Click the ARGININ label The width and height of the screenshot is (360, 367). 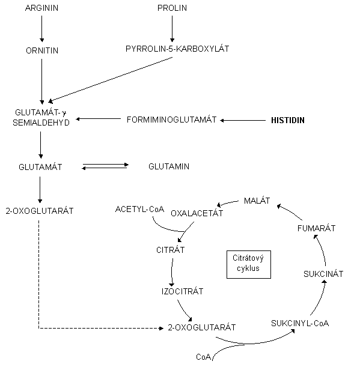(x=41, y=8)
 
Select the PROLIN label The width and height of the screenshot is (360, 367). (x=172, y=8)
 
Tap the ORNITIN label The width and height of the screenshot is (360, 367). (x=42, y=50)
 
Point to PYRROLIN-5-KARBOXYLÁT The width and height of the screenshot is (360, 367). (x=177, y=49)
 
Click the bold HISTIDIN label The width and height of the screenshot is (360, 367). (x=288, y=120)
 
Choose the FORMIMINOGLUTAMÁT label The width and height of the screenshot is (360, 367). (x=171, y=120)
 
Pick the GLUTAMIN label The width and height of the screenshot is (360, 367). (x=169, y=166)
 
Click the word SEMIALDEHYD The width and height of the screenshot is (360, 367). (x=41, y=123)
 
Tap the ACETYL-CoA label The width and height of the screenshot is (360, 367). (x=139, y=209)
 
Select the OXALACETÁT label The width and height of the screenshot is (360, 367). (x=197, y=213)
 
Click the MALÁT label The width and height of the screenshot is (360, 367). (x=257, y=201)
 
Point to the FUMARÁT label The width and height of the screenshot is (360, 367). (x=317, y=228)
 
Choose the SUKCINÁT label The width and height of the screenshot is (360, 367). (x=323, y=274)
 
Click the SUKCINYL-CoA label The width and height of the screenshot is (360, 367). (x=300, y=323)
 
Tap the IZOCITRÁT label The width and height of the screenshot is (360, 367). (x=183, y=291)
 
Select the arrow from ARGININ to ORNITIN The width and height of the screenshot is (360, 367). (x=42, y=29)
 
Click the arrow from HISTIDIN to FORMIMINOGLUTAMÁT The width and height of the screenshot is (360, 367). (x=243, y=120)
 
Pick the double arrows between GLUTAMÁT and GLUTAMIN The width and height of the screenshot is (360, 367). (x=105, y=166)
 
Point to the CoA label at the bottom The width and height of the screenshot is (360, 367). (x=204, y=357)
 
